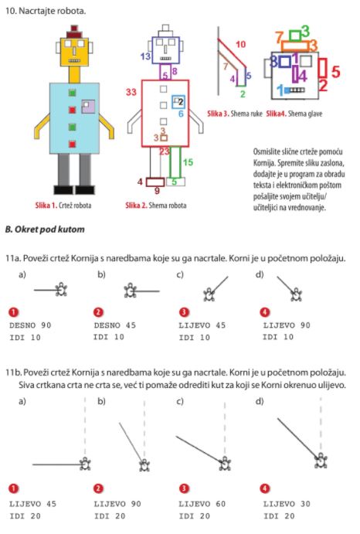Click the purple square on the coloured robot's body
tap(88, 106)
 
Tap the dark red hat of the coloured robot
tap(74, 32)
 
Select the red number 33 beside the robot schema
tap(131, 92)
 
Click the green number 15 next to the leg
tap(188, 162)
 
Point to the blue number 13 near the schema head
tap(145, 56)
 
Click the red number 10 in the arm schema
tap(240, 44)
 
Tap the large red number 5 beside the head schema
tap(335, 72)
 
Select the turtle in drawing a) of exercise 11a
tap(61, 290)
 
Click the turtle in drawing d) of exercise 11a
tap(297, 294)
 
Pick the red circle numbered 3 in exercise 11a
tap(184, 312)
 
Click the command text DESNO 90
tap(30, 325)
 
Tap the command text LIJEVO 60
tap(202, 504)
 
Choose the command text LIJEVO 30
tap(287, 504)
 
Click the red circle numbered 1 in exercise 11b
tap(13, 488)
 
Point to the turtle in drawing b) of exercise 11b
tap(144, 464)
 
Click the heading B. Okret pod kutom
tap(45, 230)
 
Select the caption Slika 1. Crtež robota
tap(63, 206)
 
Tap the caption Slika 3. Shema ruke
tap(235, 114)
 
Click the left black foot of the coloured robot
tap(63, 190)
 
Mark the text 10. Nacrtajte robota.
tap(46, 11)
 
